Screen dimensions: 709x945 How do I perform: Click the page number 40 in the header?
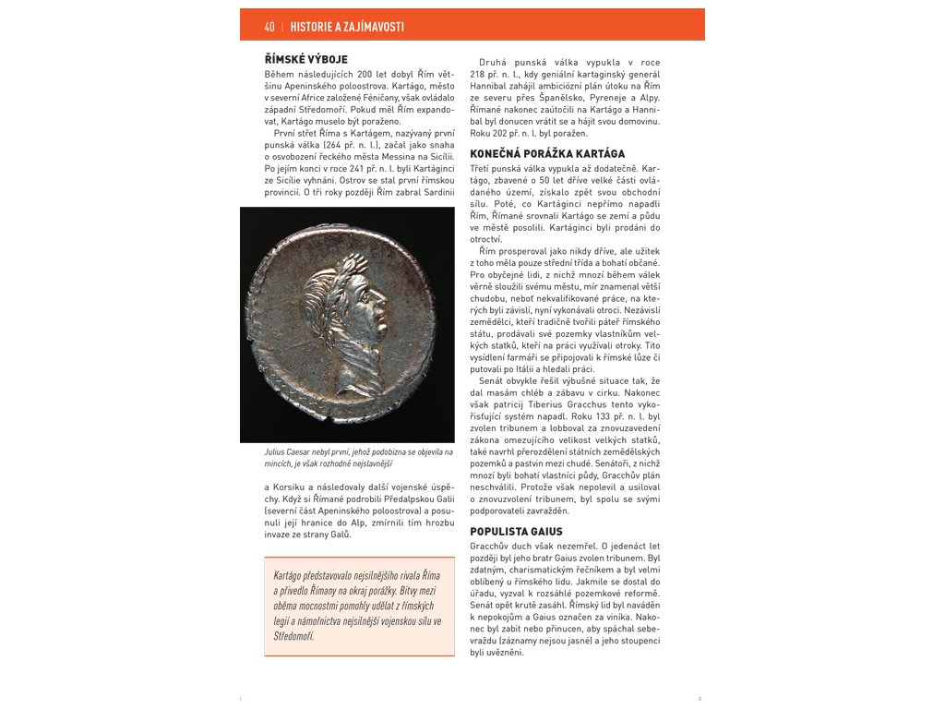pyautogui.click(x=269, y=27)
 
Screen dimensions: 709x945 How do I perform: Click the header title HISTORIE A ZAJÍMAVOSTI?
pyautogui.click(x=347, y=27)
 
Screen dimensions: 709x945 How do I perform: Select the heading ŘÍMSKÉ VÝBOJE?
pyautogui.click(x=305, y=59)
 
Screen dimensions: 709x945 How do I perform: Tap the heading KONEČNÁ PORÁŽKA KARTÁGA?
pyautogui.click(x=547, y=154)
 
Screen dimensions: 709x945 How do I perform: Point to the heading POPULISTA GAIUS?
pyautogui.click(x=516, y=532)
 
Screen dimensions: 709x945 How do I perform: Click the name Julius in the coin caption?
pyautogui.click(x=274, y=452)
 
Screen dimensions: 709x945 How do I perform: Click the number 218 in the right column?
pyautogui.click(x=478, y=74)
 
